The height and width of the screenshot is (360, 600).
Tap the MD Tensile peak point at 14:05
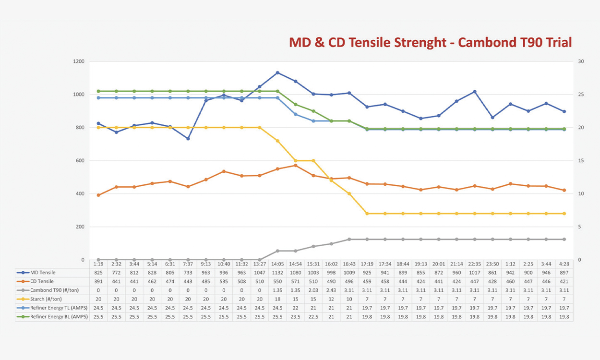tap(277, 72)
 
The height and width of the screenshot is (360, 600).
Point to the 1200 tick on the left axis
tap(78, 61)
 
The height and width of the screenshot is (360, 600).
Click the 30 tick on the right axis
tap(580, 61)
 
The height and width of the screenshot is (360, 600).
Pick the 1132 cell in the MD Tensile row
tap(277, 272)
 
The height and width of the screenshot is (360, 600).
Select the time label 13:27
tap(260, 264)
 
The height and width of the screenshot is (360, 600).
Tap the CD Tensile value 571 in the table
tap(296, 281)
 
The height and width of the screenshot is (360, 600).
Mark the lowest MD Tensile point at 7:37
tap(188, 139)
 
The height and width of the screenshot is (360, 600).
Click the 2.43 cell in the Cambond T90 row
tap(331, 290)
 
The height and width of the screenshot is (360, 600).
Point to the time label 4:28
tap(564, 264)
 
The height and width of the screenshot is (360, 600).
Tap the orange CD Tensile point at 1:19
tap(98, 195)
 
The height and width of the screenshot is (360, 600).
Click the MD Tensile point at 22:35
tap(474, 92)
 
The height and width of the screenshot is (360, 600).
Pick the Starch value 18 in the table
tap(277, 299)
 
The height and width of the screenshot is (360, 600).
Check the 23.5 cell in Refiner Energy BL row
tap(296, 317)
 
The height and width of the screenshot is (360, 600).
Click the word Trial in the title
tap(556, 42)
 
